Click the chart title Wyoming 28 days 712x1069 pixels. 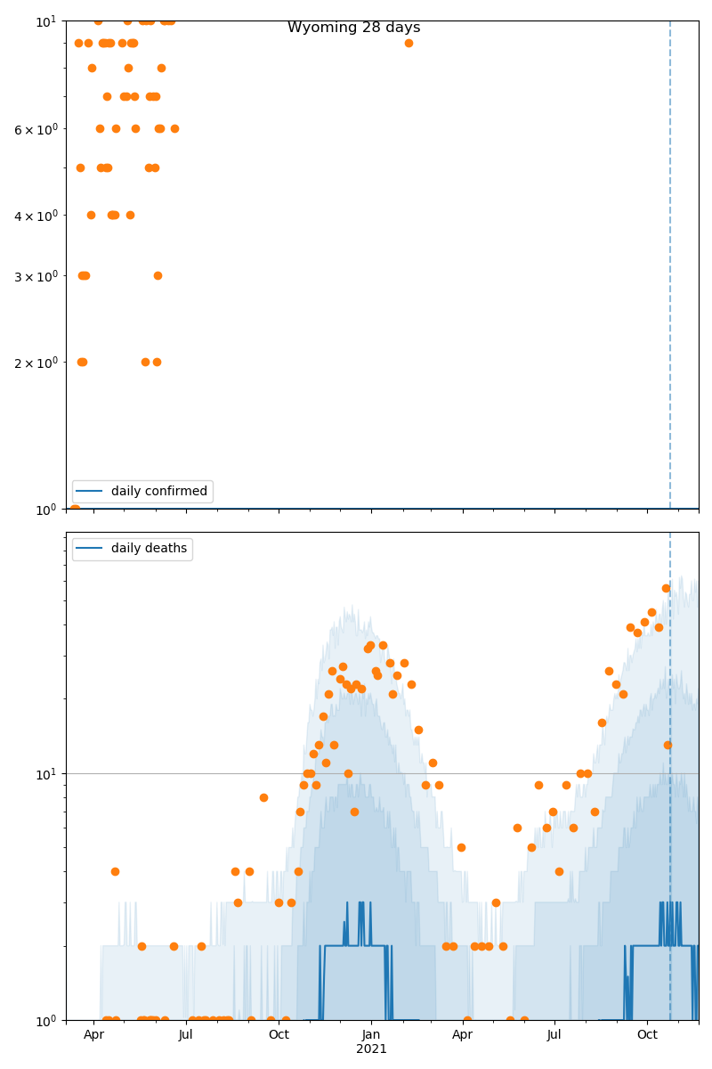tap(353, 28)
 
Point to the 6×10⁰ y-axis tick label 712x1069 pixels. tap(36, 129)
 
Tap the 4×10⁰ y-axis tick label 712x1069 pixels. tap(36, 215)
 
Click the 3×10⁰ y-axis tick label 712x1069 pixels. tap(36, 276)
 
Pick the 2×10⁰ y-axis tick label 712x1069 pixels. tap(36, 363)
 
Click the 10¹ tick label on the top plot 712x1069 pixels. tap(46, 20)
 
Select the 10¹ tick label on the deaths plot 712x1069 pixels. tap(46, 773)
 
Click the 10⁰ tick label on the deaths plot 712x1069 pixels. tap(46, 1020)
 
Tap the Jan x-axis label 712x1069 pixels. tap(371, 1035)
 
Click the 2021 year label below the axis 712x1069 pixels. tap(371, 1049)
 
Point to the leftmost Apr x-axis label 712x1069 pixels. tap(93, 1035)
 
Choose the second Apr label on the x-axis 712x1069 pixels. tap(462, 1035)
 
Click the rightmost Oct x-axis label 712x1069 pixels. tap(647, 1035)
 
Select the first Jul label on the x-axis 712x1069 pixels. tap(186, 1035)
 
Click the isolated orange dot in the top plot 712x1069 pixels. tap(409, 43)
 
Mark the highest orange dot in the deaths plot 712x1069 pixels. tap(666, 588)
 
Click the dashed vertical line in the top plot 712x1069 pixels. tap(670, 267)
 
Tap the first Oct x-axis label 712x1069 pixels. tap(279, 1035)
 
